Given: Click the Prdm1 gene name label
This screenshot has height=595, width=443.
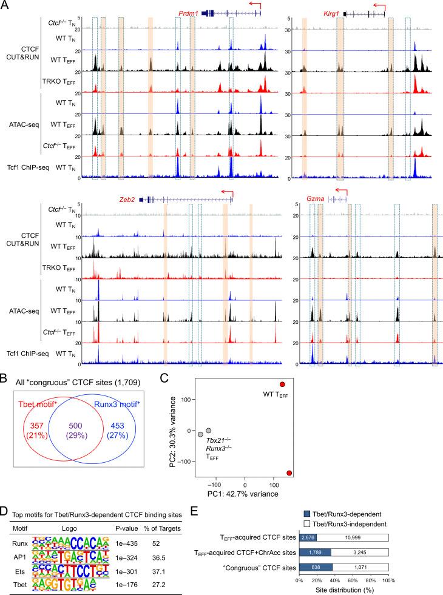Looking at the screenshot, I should pyautogui.click(x=188, y=12).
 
